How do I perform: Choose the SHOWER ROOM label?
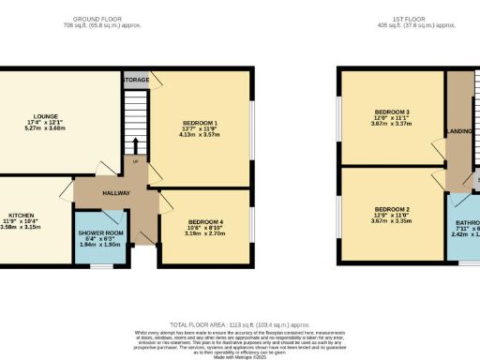pos(100,233)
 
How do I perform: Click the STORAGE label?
pos(135,82)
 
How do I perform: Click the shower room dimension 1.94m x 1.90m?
pos(100,247)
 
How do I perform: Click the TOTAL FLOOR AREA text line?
pos(240,321)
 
